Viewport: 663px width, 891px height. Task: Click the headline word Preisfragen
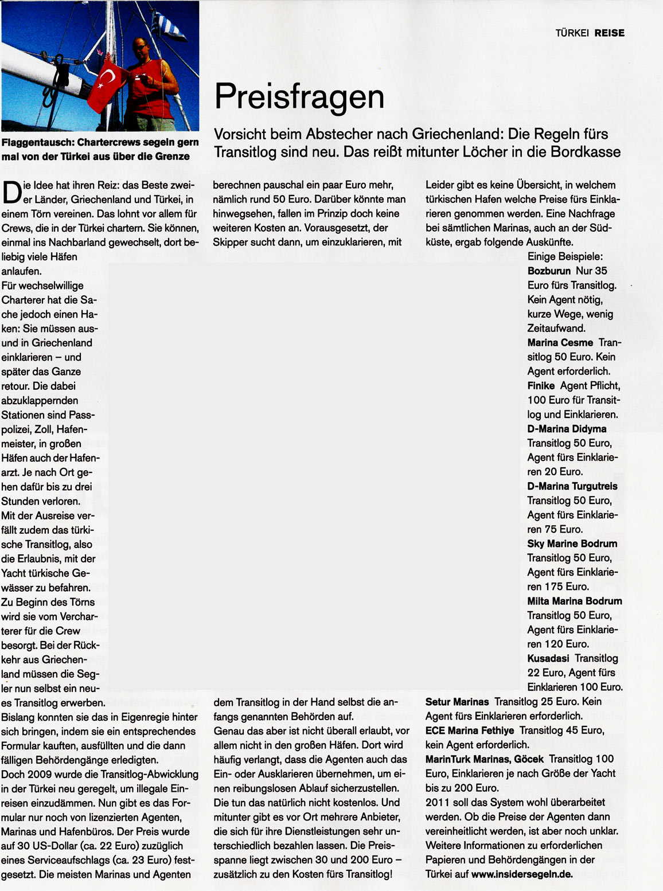pos(299,96)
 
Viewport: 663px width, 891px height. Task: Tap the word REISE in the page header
pos(609,33)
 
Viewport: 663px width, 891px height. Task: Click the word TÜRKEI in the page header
pos(572,33)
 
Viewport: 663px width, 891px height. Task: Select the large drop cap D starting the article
pos(11,192)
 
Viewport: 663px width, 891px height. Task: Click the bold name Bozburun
pos(549,271)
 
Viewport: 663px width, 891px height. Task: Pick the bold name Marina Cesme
pos(560,342)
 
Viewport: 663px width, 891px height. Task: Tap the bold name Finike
pos(541,386)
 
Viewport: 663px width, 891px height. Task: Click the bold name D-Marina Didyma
pos(567,429)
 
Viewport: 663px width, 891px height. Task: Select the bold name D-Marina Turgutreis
pos(572,486)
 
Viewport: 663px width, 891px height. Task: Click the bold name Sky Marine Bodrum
pos(572,544)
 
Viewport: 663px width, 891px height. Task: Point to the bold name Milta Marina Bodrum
pos(574,601)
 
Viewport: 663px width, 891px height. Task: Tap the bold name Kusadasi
pos(548,658)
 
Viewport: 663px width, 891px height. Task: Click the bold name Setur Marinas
pos(457,702)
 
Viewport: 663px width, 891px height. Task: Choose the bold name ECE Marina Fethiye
pos(469,730)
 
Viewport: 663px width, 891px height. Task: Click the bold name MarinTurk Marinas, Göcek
pos(484,759)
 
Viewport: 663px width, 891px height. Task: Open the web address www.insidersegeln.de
pos(522,874)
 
